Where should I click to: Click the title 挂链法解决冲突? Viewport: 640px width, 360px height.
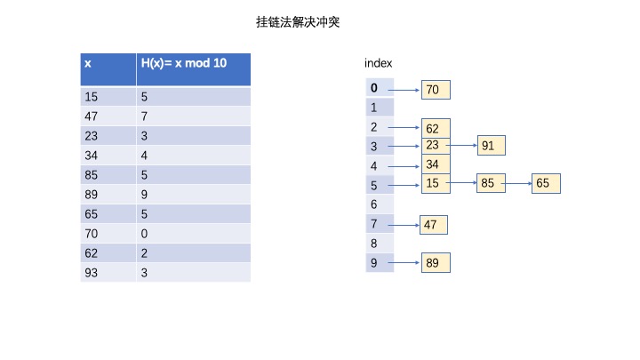298,22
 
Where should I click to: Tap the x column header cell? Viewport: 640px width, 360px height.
108,69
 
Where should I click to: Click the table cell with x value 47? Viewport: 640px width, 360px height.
108,116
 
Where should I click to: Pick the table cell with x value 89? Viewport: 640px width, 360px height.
108,195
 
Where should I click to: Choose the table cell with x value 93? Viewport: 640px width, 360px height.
108,273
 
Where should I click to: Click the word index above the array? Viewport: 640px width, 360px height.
379,63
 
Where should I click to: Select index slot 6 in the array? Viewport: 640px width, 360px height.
380,204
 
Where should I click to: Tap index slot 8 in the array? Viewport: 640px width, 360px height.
380,244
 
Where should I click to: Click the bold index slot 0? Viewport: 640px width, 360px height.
380,88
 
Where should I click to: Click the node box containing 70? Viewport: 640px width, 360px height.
436,90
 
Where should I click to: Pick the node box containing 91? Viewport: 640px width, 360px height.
492,145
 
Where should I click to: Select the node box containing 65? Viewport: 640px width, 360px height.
546,183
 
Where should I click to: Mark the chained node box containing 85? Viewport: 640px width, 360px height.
491,183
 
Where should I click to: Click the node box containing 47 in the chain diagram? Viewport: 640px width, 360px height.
434,225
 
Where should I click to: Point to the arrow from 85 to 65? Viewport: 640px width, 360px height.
517,183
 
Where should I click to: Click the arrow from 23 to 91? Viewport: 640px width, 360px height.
462,145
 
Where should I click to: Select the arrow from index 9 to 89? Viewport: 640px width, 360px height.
404,262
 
